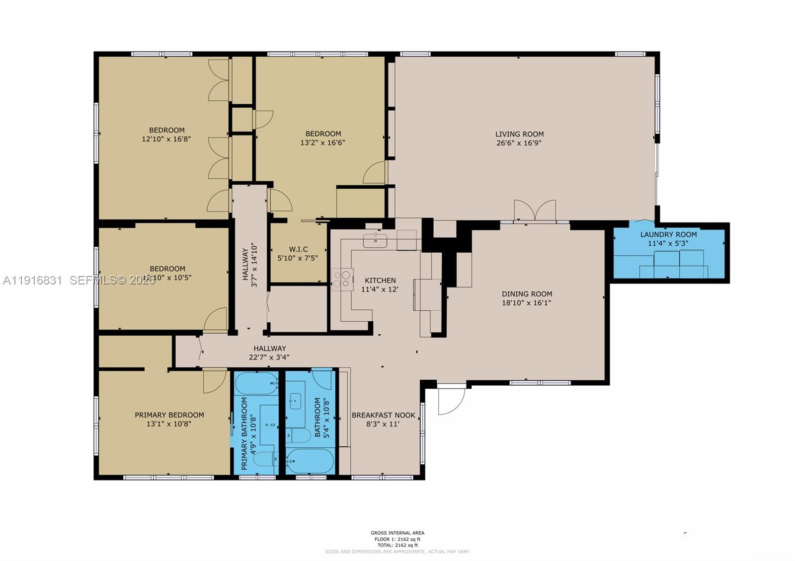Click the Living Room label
pyautogui.click(x=519, y=134)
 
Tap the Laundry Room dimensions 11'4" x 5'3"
pyautogui.click(x=668, y=244)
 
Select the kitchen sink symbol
pyautogui.click(x=375, y=241)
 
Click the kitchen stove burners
pyautogui.click(x=342, y=279)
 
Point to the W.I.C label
pyautogui.click(x=298, y=249)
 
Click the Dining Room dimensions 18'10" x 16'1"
pyautogui.click(x=527, y=303)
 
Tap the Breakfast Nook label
pyautogui.click(x=383, y=415)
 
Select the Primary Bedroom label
pyautogui.click(x=169, y=415)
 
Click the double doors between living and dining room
pyautogui.click(x=535, y=210)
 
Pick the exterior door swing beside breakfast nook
pyautogui.click(x=451, y=400)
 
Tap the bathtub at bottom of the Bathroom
pyautogui.click(x=310, y=462)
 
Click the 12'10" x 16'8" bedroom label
pyautogui.click(x=166, y=135)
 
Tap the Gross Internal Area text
pyautogui.click(x=397, y=533)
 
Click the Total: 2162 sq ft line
pyautogui.click(x=397, y=545)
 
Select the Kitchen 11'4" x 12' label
pyautogui.click(x=380, y=285)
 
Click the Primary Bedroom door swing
pyautogui.click(x=214, y=381)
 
